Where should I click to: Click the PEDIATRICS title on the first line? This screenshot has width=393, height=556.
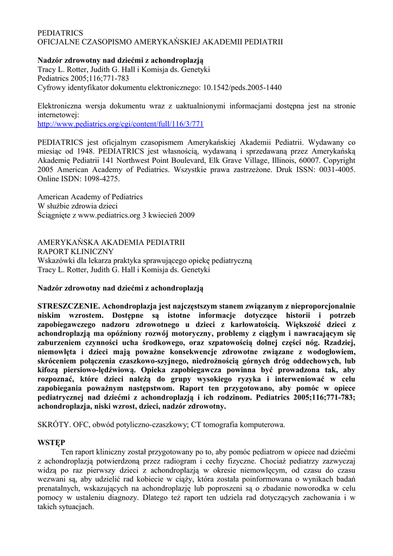click(x=60, y=33)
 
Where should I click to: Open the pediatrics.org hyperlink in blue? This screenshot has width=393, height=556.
click(x=120, y=124)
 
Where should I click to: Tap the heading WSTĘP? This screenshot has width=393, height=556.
click(x=51, y=443)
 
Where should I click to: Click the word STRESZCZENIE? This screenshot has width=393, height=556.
click(x=69, y=306)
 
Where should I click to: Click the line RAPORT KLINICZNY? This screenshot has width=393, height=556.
click(x=75, y=251)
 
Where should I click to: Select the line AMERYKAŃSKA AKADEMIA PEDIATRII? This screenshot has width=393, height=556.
click(x=111, y=242)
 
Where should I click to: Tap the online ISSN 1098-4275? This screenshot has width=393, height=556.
click(x=98, y=179)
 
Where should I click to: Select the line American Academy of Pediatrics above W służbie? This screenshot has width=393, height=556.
click(x=90, y=197)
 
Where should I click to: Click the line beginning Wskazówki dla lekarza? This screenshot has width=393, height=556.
click(x=144, y=261)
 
